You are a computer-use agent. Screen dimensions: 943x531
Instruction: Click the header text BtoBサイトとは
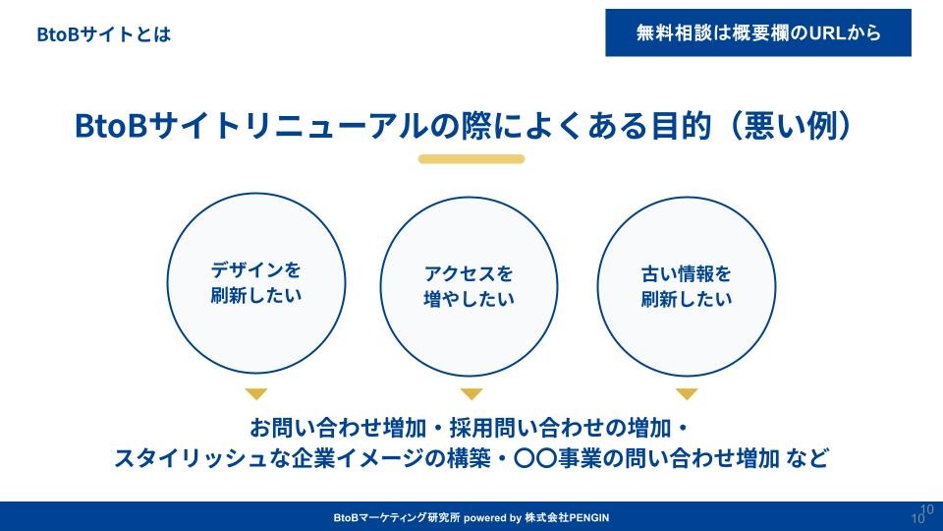coord(103,34)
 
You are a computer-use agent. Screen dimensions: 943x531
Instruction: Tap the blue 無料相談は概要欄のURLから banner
coord(757,32)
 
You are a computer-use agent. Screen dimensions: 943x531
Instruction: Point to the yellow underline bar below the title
coord(471,159)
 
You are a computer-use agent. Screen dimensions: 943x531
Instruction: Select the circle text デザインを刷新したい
coord(256,282)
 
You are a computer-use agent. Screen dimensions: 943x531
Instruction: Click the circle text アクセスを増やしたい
coord(469,286)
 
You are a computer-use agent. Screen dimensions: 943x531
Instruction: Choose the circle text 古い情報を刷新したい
coord(687,286)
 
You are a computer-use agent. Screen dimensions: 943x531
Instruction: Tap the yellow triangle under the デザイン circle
coord(256,393)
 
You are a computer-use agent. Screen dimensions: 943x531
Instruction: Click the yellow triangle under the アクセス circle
coord(471,393)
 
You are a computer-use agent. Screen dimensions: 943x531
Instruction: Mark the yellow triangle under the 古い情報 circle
coord(687,393)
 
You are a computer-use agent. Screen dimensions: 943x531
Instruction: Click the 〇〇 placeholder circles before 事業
coord(535,458)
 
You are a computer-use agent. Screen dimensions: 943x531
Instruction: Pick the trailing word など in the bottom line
coord(806,458)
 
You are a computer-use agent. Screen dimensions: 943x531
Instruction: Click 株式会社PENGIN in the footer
coord(567,518)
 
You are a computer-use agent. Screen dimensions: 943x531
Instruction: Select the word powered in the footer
coord(484,518)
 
